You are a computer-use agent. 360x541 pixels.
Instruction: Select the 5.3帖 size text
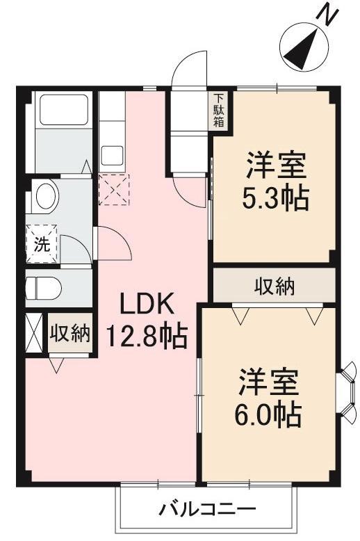[x=275, y=200]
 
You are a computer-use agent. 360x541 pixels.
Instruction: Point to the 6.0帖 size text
[x=270, y=415]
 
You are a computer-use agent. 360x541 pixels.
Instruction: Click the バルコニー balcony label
[x=207, y=509]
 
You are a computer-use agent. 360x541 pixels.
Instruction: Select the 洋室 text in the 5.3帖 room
[x=275, y=167]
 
